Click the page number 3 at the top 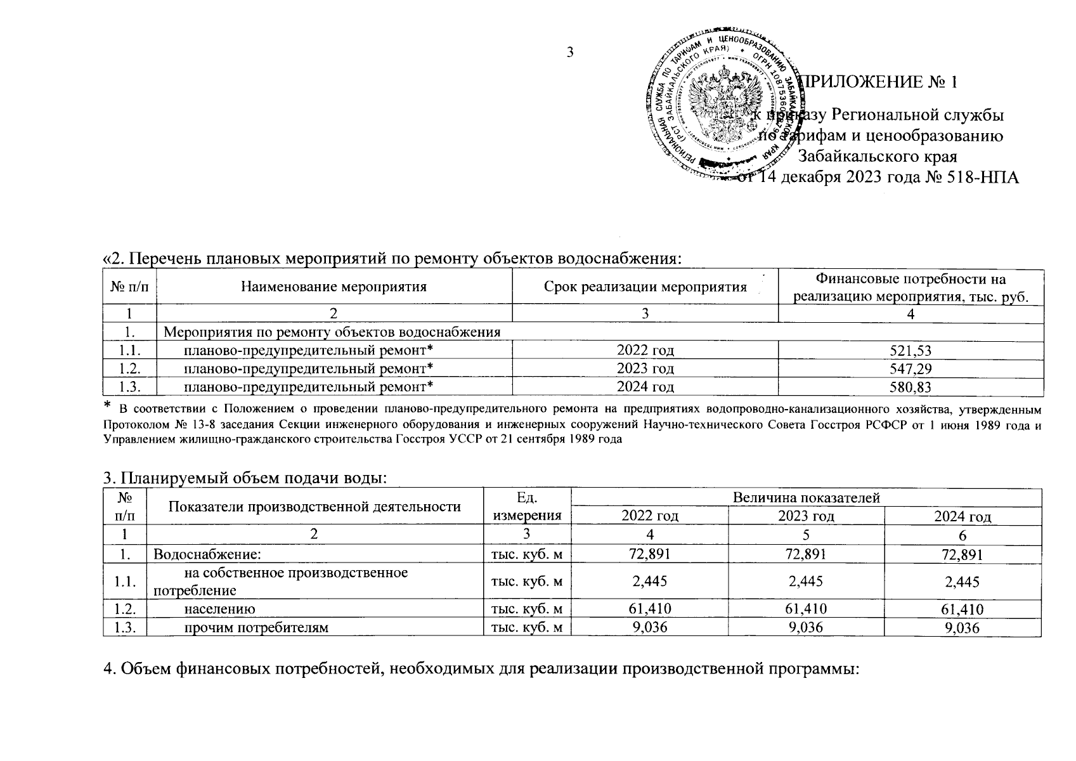569,52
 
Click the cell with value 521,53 911,351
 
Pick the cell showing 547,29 911,368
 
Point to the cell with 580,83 911,386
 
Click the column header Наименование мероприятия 334,287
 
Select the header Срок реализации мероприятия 645,287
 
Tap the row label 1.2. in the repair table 129,368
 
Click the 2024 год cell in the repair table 645,386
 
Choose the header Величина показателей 806,498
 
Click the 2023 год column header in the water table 806,516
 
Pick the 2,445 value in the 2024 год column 962,582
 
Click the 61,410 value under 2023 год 806,609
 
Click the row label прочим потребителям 256,628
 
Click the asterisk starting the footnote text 108,405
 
